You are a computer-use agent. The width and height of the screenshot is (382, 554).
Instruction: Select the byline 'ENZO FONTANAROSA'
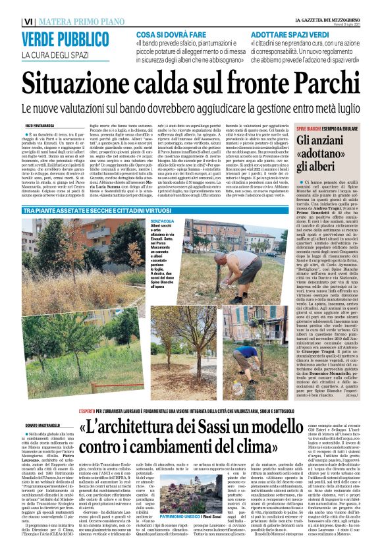(x=40, y=125)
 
